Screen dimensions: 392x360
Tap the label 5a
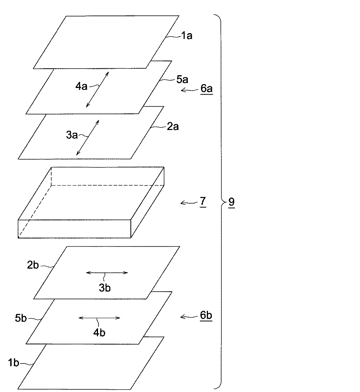pos(182,80)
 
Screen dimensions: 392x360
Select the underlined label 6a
pos(206,89)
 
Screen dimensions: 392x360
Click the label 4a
pos(81,86)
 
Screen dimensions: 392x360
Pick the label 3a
pos(72,135)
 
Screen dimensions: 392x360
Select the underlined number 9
pos(231,201)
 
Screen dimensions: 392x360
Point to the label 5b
pos(21,319)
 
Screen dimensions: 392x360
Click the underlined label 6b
pos(206,316)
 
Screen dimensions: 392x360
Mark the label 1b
pos(13,363)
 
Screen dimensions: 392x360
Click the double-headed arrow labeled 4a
pos(97,90)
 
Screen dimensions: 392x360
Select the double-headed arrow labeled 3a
pos(88,138)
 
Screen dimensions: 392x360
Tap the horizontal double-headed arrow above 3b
pos(106,272)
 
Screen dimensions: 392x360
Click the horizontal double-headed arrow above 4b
pos(99,318)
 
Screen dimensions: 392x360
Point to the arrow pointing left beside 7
pos(189,202)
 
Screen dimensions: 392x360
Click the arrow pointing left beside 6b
pos(189,317)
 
